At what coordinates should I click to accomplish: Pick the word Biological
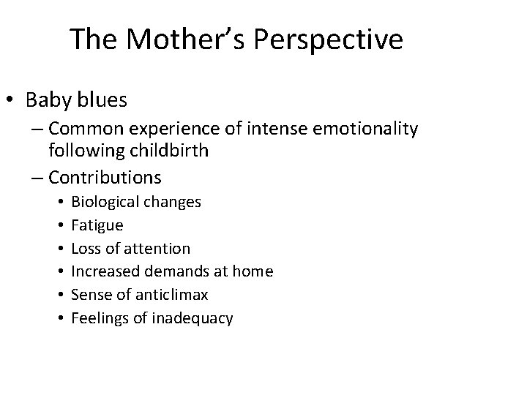click(102, 201)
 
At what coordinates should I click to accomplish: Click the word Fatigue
click(97, 225)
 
